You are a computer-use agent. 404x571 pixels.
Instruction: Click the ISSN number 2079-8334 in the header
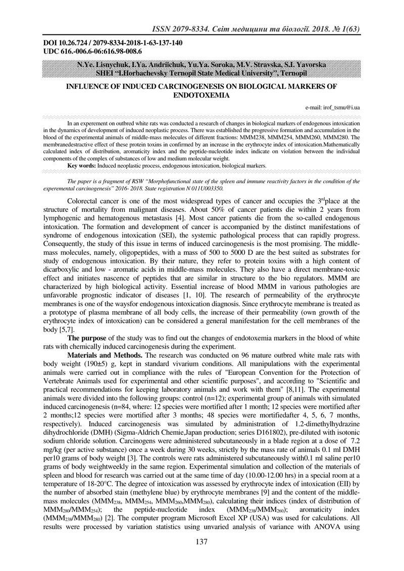[x=188, y=29]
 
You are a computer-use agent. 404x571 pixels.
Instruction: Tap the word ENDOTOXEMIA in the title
[x=202, y=94]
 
